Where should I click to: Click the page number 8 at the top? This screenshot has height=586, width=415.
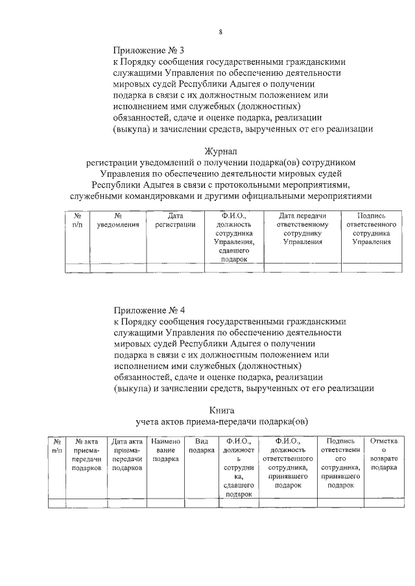pyautogui.click(x=220, y=32)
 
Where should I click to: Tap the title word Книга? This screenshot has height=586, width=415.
pyautogui.click(x=222, y=411)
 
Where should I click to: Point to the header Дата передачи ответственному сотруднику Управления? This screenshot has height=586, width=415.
pyautogui.click(x=302, y=229)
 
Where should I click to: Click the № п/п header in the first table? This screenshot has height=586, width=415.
pyautogui.click(x=77, y=220)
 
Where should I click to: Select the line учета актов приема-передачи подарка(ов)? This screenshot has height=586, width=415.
pyautogui.click(x=221, y=422)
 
